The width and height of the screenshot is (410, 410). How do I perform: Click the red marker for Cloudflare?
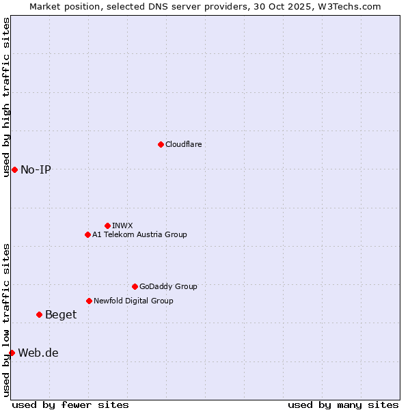[x=161, y=144]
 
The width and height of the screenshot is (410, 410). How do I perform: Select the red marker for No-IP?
[x=14, y=169]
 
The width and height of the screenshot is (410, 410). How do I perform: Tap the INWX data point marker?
[x=107, y=225]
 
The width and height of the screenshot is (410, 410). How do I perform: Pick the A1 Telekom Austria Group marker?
[x=87, y=234]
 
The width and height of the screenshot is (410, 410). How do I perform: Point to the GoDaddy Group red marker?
[x=135, y=286]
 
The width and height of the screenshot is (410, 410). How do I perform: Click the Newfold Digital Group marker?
[x=89, y=301]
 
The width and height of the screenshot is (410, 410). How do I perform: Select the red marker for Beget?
[x=39, y=314]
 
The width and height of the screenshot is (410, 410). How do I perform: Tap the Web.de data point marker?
[x=12, y=353]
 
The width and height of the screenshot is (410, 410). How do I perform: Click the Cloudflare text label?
[x=183, y=144]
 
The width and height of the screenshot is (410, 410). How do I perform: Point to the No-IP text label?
[x=36, y=169]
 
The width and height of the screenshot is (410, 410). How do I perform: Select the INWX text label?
[x=122, y=225]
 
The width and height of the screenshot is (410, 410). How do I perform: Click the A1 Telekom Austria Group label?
[x=139, y=234]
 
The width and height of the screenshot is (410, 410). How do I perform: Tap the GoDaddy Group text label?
[x=168, y=286]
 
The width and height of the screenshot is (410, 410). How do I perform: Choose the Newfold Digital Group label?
[x=133, y=301]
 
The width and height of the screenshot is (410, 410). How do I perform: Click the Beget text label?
[x=61, y=314]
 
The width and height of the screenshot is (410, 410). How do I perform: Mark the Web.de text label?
[x=38, y=353]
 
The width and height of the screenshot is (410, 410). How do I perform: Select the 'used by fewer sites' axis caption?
[x=70, y=405]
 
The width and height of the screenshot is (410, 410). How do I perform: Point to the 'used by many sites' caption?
[x=343, y=405]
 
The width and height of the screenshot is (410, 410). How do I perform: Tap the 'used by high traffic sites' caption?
[x=6, y=97]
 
